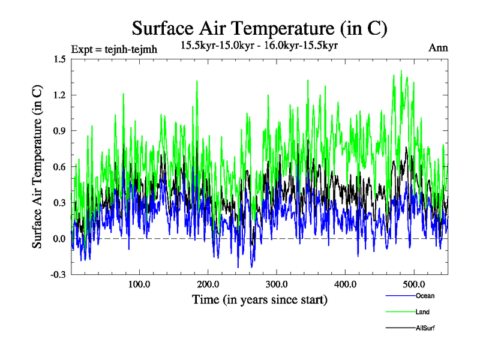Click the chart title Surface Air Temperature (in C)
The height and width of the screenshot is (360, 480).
259,28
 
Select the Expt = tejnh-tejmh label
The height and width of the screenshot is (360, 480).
114,49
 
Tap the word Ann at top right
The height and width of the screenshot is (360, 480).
438,48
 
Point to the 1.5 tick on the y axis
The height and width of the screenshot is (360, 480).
59,59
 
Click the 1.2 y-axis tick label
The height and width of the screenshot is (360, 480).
59,95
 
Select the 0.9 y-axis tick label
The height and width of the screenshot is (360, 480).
59,131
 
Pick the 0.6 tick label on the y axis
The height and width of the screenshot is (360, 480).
59,167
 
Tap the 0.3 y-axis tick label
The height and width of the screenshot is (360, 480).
59,203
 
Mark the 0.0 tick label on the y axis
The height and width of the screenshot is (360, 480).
59,239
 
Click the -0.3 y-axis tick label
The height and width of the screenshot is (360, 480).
58,275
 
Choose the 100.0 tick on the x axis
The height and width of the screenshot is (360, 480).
139,284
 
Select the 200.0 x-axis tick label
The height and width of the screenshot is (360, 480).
208,284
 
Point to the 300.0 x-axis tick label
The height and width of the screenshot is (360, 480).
277,284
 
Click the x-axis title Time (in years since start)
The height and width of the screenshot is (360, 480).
259,299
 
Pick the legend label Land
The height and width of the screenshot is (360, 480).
422,312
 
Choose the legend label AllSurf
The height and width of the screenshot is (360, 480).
424,328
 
